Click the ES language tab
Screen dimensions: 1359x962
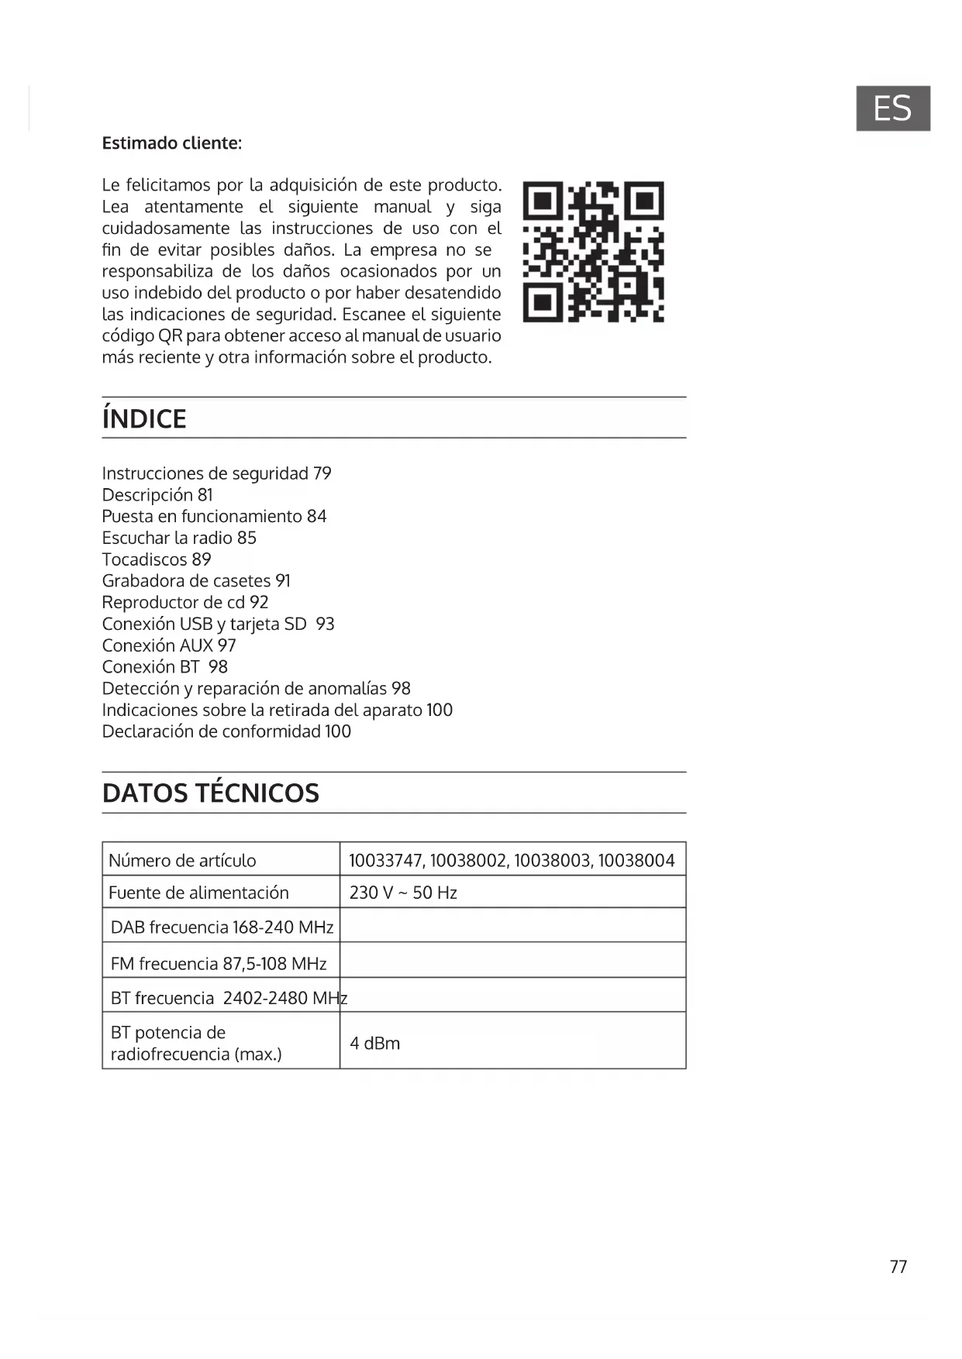tap(892, 108)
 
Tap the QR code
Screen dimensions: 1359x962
tap(593, 252)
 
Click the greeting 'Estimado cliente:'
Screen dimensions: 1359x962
tap(172, 143)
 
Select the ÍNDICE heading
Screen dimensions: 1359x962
tap(144, 419)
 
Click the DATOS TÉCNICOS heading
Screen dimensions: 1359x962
tap(211, 793)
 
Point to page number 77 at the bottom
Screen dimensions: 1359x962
tap(898, 1267)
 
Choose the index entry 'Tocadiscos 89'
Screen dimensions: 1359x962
tap(157, 559)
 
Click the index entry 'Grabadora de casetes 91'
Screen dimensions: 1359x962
tap(196, 581)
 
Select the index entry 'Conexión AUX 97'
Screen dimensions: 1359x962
tap(169, 645)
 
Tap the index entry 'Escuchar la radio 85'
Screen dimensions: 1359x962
tap(179, 538)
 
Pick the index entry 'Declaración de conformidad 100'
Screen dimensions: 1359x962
tap(226, 731)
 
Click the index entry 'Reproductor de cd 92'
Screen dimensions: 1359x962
tap(185, 603)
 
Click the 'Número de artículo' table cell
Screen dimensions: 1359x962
tap(182, 860)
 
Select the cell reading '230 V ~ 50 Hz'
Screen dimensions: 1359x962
tap(403, 893)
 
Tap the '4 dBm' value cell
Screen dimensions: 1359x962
tap(375, 1043)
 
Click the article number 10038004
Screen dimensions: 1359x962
tap(636, 860)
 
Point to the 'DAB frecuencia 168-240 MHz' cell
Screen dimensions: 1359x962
tap(222, 927)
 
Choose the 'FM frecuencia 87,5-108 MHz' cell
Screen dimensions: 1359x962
tap(219, 964)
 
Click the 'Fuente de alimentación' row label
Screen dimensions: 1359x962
tap(198, 893)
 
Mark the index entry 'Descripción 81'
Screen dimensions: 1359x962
tap(157, 495)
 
